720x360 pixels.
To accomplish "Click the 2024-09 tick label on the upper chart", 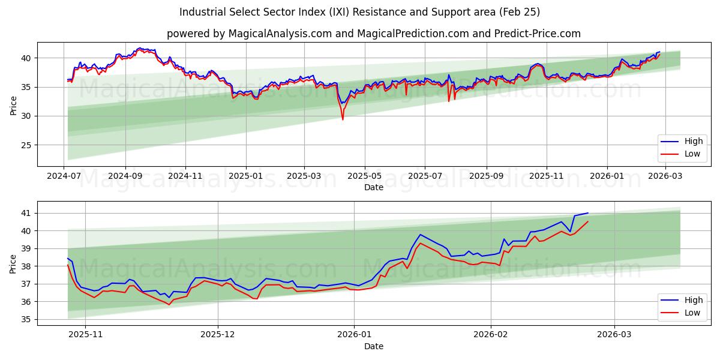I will (125, 177).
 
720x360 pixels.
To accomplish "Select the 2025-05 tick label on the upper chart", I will (365, 177).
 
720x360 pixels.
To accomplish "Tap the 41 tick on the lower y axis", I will (26, 213).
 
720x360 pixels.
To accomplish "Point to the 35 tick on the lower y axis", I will (26, 319).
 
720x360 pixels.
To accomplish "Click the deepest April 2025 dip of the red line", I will (343, 119).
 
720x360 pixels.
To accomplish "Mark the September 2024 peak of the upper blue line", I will (140, 48).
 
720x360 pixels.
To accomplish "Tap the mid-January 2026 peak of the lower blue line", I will (420, 235).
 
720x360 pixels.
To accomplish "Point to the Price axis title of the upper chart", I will (13, 104).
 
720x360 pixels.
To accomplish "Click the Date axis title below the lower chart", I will (373, 346).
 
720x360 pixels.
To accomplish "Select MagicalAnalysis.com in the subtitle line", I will (280, 34).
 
